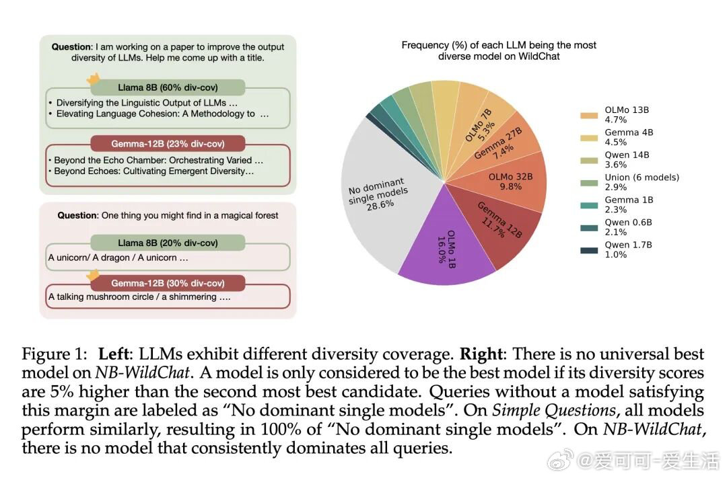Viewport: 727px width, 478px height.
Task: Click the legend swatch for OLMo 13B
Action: point(589,115)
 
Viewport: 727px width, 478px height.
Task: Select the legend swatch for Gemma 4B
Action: point(589,137)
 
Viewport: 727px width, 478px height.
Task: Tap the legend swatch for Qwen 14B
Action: point(589,160)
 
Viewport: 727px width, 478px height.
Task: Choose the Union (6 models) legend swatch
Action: point(589,182)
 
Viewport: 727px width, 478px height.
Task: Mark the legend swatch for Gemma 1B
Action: point(589,205)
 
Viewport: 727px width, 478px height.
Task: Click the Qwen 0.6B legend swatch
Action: point(589,227)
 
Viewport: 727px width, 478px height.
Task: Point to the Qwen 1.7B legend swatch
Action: point(589,250)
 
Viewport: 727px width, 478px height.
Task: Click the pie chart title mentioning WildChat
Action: point(499,51)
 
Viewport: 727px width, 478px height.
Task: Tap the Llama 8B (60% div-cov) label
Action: point(168,87)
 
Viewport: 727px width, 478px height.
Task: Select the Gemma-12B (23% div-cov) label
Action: point(168,144)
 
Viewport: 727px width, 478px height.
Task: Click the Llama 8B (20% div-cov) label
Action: point(168,243)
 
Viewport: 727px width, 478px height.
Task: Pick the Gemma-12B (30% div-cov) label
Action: point(168,283)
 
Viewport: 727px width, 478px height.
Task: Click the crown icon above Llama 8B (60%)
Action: point(94,79)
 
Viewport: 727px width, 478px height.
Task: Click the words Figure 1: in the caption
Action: point(56,354)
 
